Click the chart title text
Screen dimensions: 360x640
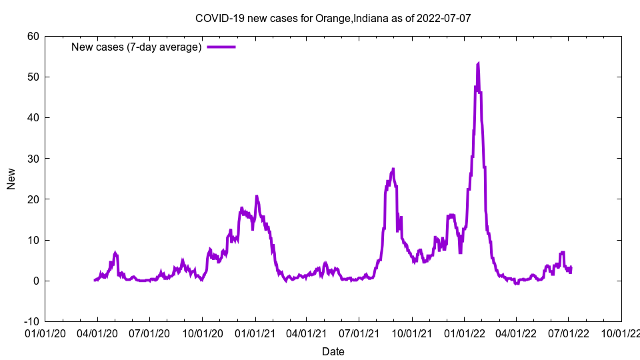(x=333, y=18)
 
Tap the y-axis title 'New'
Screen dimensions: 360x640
(x=11, y=179)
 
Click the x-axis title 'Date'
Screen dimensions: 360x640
(x=333, y=351)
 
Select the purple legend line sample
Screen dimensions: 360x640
(x=221, y=47)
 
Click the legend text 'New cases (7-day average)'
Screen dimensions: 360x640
(x=137, y=47)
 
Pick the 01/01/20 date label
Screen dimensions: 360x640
(x=45, y=332)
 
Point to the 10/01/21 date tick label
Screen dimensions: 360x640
(x=412, y=332)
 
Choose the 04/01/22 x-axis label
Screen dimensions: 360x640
(x=516, y=332)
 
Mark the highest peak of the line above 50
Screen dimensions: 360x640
(x=479, y=63)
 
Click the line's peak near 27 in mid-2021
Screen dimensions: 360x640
(x=393, y=169)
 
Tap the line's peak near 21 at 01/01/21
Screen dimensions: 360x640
(x=257, y=196)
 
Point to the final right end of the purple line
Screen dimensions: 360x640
(x=571, y=267)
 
